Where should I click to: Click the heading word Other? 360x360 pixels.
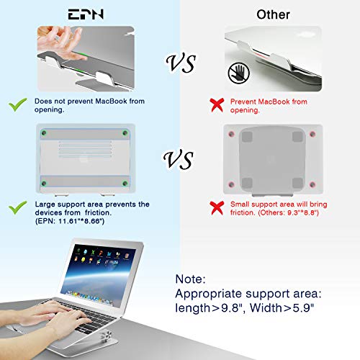pos(272,14)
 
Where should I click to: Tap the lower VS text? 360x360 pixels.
pos(180,158)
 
